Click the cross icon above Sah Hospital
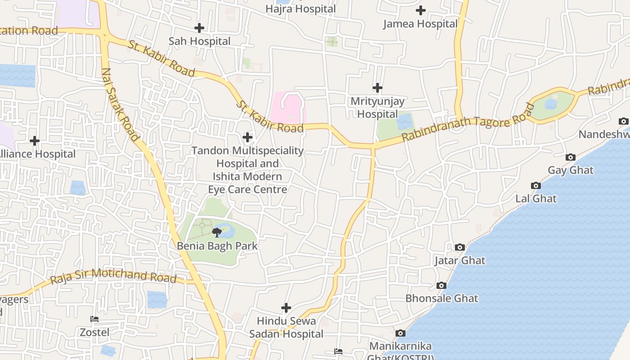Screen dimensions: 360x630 [x=199, y=28]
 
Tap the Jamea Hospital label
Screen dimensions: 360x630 [x=420, y=24]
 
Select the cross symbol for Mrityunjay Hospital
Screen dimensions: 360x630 [x=378, y=88]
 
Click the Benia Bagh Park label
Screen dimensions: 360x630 [x=217, y=246]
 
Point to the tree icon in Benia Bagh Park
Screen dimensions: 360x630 [x=217, y=232]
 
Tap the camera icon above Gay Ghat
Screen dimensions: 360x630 [x=571, y=157]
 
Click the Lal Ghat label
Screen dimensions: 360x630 [x=536, y=198]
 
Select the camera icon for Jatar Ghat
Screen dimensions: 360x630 [x=460, y=247]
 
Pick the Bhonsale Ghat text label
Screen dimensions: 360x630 [x=441, y=298]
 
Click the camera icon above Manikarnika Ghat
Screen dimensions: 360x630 [x=400, y=333]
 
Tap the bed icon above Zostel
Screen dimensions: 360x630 [x=94, y=319]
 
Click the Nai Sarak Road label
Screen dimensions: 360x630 [x=120, y=105]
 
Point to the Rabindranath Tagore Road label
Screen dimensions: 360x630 [x=468, y=122]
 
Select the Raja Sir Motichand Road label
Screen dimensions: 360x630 [x=113, y=275]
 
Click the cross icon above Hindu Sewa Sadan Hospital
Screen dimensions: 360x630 [x=286, y=308]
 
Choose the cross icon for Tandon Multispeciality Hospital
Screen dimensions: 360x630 [x=247, y=137]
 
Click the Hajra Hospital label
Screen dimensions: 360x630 [x=301, y=9]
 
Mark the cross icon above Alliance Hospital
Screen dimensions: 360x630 [x=35, y=141]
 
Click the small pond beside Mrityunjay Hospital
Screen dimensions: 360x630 [x=405, y=121]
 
